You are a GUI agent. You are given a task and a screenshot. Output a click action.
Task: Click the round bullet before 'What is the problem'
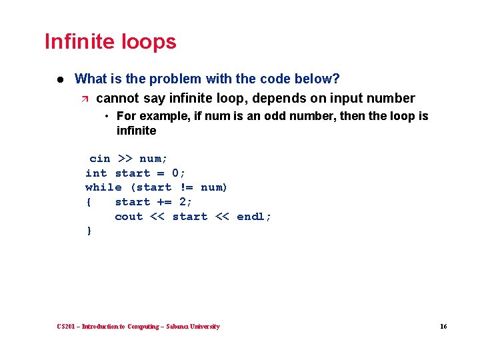tap(59, 79)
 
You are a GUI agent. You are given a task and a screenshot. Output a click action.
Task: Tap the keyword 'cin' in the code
tap(100, 159)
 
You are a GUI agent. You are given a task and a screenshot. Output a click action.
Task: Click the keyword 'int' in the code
tap(96, 173)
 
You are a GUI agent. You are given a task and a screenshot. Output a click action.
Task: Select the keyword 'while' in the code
tap(103, 187)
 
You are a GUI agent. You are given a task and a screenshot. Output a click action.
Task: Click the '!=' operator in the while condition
tap(186, 187)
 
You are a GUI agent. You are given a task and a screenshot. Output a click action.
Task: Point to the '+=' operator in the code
tap(165, 202)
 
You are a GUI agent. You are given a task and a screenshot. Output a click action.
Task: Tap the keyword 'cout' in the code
tap(129, 217)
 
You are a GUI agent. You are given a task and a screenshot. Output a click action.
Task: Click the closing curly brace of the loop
tap(89, 231)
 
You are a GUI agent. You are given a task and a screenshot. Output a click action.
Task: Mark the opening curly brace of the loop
tap(89, 202)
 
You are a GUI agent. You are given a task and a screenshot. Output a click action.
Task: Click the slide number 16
tap(443, 327)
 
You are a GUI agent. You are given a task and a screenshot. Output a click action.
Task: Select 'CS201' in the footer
tap(67, 327)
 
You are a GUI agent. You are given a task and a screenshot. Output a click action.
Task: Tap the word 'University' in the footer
tap(204, 327)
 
